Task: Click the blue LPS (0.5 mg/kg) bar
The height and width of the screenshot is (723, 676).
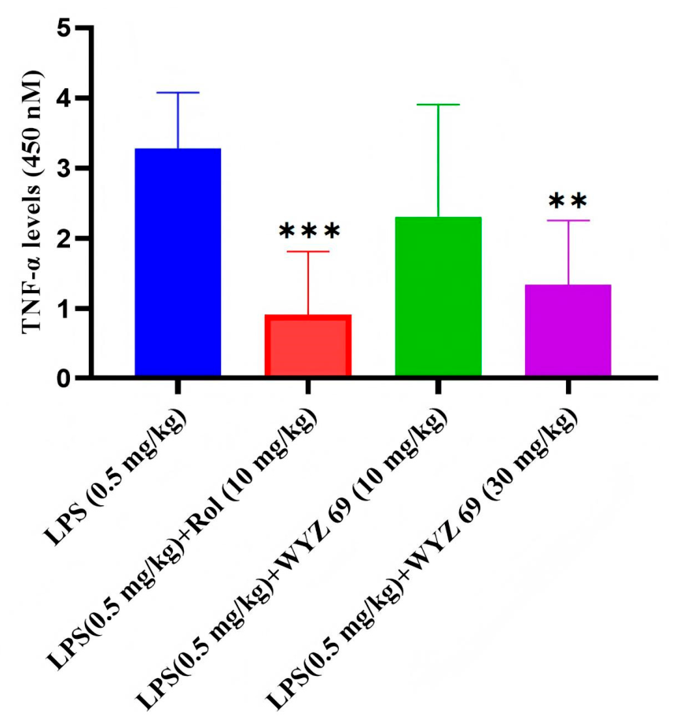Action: [178, 262]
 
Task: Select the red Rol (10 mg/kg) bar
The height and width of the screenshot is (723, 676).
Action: [308, 345]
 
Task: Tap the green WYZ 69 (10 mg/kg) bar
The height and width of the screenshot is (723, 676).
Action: [439, 296]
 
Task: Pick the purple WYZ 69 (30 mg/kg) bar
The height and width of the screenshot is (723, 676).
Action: [568, 330]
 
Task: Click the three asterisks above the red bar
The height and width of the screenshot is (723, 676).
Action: [310, 231]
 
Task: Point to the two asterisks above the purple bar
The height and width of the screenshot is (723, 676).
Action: [568, 201]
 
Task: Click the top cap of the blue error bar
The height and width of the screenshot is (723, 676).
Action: [178, 93]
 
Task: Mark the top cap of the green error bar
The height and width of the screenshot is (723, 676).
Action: [439, 105]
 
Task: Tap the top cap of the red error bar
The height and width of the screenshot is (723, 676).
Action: [308, 251]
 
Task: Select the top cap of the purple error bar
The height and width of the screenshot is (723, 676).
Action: [568, 220]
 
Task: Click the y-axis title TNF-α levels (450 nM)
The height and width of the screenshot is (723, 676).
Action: [32, 202]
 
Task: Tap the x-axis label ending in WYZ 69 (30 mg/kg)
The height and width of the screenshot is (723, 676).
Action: [422, 560]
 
